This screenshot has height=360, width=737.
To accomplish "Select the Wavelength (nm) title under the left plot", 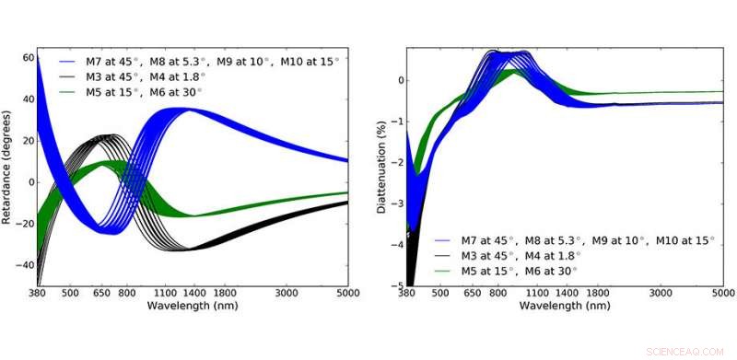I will coord(192,305).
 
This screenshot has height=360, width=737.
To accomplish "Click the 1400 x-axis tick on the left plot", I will coord(193,293).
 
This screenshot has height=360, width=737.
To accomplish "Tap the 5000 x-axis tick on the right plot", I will coord(721,294).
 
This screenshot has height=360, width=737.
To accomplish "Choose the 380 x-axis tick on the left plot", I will coord(37,293).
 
